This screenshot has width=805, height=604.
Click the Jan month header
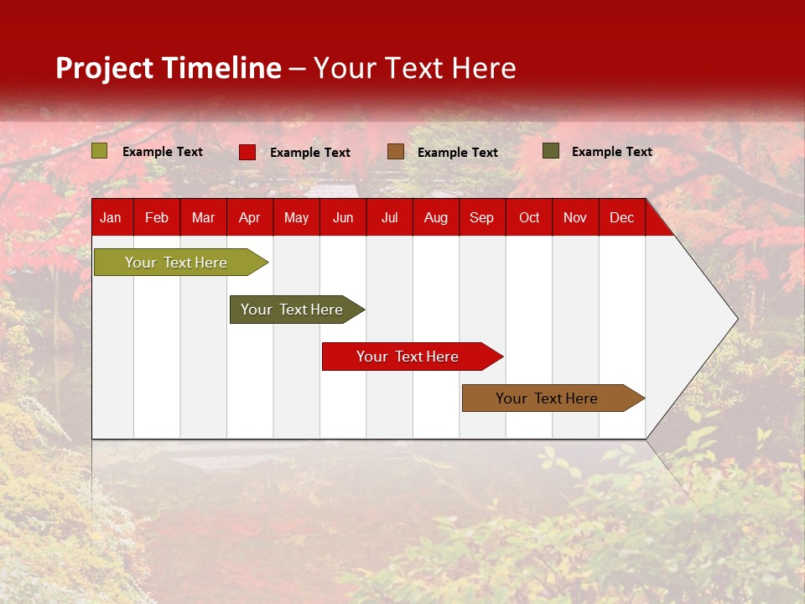(111, 217)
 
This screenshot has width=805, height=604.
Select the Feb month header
(157, 217)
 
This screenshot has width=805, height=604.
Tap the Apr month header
(249, 217)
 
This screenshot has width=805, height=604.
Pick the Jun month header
(343, 217)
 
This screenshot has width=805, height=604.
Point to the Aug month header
(435, 217)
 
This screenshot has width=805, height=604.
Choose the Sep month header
(481, 217)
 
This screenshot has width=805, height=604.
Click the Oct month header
(529, 217)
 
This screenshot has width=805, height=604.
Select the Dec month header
(621, 217)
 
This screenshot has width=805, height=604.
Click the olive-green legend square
(100, 151)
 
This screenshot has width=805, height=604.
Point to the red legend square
(247, 152)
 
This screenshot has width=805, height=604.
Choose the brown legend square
(396, 152)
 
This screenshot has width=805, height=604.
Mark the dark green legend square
(551, 151)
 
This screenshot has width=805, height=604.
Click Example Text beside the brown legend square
(457, 153)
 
